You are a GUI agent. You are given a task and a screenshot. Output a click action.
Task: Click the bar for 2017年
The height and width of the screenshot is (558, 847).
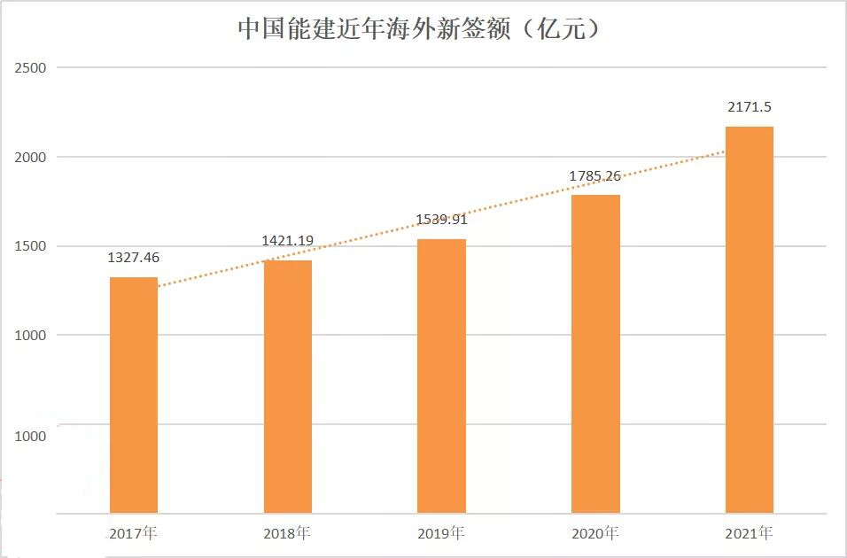point(134,395)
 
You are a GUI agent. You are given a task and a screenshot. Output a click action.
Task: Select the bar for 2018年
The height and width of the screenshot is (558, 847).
point(288,386)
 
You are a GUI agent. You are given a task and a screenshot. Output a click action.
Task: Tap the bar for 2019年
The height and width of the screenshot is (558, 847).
point(441,376)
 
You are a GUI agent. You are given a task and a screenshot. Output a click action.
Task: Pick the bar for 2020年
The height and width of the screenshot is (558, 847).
point(595,353)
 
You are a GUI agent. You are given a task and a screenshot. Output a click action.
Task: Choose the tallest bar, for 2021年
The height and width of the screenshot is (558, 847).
point(750,320)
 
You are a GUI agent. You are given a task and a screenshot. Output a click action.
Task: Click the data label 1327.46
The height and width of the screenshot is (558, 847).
point(134,258)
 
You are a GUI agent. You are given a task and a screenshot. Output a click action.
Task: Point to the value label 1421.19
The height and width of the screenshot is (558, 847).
point(288,241)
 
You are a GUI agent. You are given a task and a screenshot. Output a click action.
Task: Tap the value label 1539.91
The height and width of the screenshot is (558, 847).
point(441,220)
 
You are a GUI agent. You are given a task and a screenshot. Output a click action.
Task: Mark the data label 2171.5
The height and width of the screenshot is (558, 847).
point(750,107)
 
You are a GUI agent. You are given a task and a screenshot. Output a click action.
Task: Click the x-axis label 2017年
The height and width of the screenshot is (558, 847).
point(134,534)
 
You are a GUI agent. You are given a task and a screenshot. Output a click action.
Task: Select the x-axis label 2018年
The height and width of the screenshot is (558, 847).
point(288,534)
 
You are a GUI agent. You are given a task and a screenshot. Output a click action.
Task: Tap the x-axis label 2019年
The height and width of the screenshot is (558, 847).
point(441,534)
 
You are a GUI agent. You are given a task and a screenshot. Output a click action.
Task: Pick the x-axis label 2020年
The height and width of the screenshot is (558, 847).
point(595,534)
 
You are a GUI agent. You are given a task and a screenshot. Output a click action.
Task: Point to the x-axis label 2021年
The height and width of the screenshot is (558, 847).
point(750,534)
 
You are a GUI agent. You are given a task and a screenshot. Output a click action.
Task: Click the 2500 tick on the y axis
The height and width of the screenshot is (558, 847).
point(30,68)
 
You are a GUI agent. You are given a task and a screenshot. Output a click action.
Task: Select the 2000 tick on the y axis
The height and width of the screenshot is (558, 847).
point(30,158)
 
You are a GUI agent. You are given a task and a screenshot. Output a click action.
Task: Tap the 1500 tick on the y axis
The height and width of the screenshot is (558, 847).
point(30,246)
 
